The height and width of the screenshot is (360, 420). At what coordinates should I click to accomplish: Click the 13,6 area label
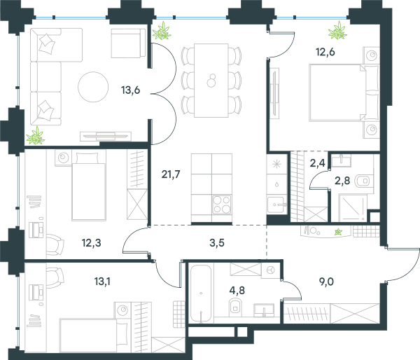point(130,90)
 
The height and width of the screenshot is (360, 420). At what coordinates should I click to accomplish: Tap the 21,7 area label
point(171,174)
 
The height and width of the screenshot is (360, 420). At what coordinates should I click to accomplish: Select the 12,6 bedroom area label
point(325,52)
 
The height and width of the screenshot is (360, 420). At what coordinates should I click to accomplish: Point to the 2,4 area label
point(317,163)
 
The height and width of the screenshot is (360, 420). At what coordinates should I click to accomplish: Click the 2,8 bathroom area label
point(342,181)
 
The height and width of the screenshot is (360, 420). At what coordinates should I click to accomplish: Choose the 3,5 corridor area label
point(217,243)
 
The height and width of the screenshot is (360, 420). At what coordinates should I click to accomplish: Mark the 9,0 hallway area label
point(326,282)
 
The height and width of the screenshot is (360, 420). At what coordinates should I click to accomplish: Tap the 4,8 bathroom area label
point(237,290)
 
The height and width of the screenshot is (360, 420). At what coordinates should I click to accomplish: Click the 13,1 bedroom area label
point(102,282)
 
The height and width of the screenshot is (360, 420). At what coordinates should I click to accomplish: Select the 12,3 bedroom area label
point(91,243)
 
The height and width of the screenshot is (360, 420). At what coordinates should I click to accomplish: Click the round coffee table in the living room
point(93,87)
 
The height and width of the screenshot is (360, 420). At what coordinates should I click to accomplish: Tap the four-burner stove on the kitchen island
point(222,205)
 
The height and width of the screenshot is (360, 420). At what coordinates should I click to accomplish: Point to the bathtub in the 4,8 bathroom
point(201,293)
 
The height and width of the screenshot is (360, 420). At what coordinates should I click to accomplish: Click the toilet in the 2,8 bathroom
point(364,181)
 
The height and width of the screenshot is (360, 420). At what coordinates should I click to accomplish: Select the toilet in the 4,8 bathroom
point(235,307)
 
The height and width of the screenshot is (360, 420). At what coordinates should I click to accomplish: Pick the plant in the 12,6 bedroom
point(337,30)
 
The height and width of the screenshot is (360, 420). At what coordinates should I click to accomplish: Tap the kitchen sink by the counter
point(276,205)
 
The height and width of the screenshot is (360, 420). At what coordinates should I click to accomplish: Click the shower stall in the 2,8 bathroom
point(353,208)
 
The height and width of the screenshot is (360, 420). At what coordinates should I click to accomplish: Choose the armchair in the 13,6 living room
point(128,43)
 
